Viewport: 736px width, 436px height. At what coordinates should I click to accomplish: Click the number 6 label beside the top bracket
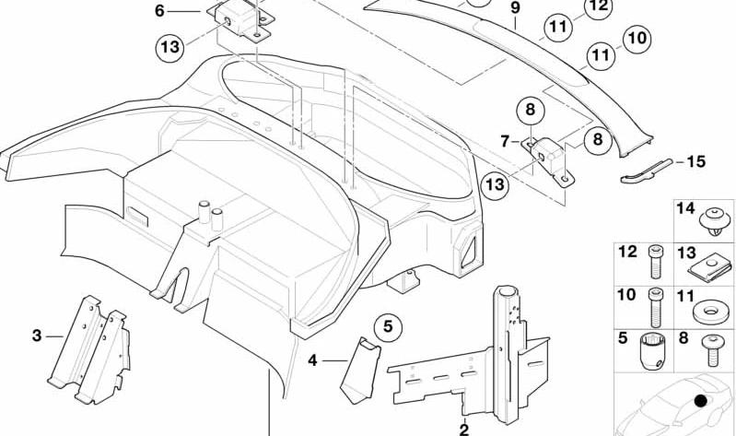click(x=159, y=11)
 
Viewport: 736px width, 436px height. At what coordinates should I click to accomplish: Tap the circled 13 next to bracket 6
click(x=169, y=47)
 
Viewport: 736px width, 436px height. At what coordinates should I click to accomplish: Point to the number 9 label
click(x=516, y=8)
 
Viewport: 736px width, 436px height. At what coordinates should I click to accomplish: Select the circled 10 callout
click(x=637, y=38)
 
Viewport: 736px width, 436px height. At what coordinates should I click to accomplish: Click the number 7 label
click(x=505, y=141)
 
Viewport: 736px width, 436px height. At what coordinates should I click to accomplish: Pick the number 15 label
click(x=696, y=161)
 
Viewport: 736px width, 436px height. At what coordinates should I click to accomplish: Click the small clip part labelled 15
click(x=647, y=171)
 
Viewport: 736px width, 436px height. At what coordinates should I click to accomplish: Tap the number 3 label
click(x=37, y=336)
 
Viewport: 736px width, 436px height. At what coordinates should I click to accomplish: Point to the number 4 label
click(x=312, y=360)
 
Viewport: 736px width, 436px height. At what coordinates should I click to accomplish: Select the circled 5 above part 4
click(x=388, y=326)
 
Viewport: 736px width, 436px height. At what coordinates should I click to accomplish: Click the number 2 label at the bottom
click(x=463, y=429)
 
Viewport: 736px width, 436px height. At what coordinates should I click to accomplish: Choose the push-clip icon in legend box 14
click(x=715, y=222)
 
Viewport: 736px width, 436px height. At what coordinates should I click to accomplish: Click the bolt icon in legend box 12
click(x=655, y=262)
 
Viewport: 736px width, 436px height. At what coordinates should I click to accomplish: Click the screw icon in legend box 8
click(x=713, y=350)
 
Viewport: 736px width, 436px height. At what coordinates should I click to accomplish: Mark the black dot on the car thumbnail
click(x=700, y=400)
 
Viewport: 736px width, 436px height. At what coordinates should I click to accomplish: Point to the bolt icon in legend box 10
click(x=655, y=307)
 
